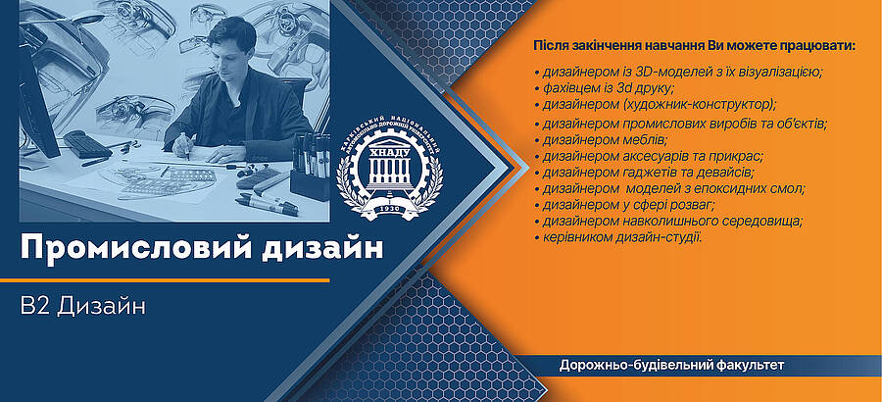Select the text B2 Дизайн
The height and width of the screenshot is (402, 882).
click(x=82, y=306)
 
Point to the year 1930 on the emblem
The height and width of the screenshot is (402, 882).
click(x=389, y=207)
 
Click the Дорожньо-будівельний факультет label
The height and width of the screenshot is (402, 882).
click(x=671, y=366)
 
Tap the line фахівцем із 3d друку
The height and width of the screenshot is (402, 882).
click(x=604, y=88)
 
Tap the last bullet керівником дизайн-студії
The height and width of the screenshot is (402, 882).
click(x=618, y=237)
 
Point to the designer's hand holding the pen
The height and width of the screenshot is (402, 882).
click(x=183, y=147)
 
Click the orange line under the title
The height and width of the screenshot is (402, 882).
click(x=165, y=280)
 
